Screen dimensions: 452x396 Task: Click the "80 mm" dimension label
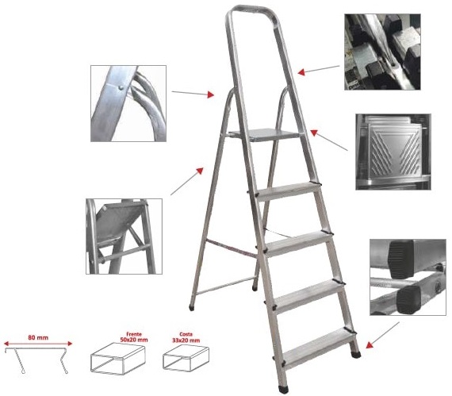coord(38,337)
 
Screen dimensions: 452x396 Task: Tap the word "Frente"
coord(134,334)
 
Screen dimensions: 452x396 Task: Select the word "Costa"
coord(186,334)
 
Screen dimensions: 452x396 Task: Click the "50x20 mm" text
coord(134,340)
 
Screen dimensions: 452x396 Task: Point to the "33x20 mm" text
coord(186,340)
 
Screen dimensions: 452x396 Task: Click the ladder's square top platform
coord(264,135)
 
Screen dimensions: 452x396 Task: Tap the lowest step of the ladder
coord(317,348)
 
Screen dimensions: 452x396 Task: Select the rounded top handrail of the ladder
coord(251,10)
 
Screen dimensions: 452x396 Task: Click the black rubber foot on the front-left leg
coord(283,389)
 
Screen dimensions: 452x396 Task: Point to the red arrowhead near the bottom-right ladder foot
coord(370,345)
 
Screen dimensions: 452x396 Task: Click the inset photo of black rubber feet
coord(408,277)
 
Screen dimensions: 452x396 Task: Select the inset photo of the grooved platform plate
coord(393,152)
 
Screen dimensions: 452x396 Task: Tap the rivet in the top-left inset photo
coord(121,86)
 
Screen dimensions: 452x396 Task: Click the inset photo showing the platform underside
coord(124,236)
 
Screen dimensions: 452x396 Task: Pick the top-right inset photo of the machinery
coord(382,52)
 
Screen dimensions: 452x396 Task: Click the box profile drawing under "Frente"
coord(118,359)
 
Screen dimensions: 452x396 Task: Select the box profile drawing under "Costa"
coord(186,359)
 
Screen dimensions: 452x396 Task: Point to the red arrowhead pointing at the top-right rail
coord(301,72)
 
